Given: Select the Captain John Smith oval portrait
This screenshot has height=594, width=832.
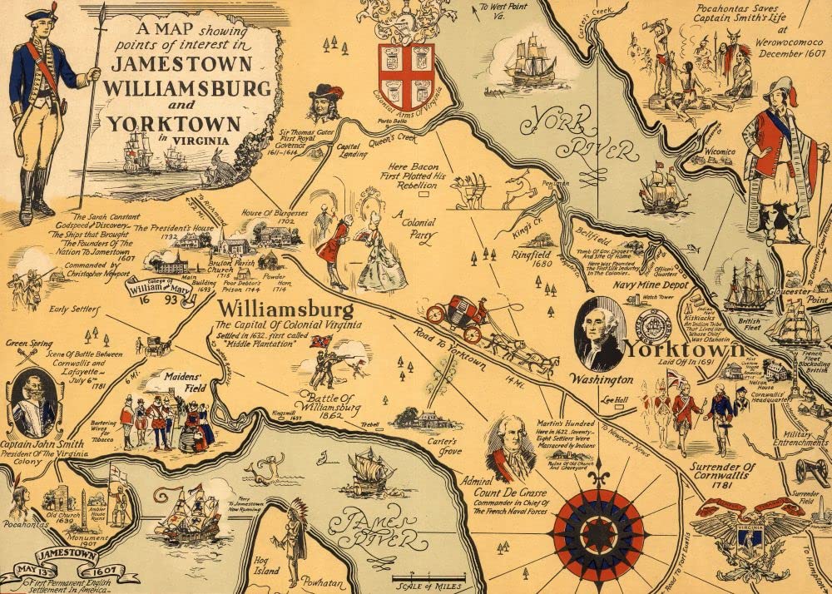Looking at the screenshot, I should pos(34,403).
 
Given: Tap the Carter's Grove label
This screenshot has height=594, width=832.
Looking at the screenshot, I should pos(443,447).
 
